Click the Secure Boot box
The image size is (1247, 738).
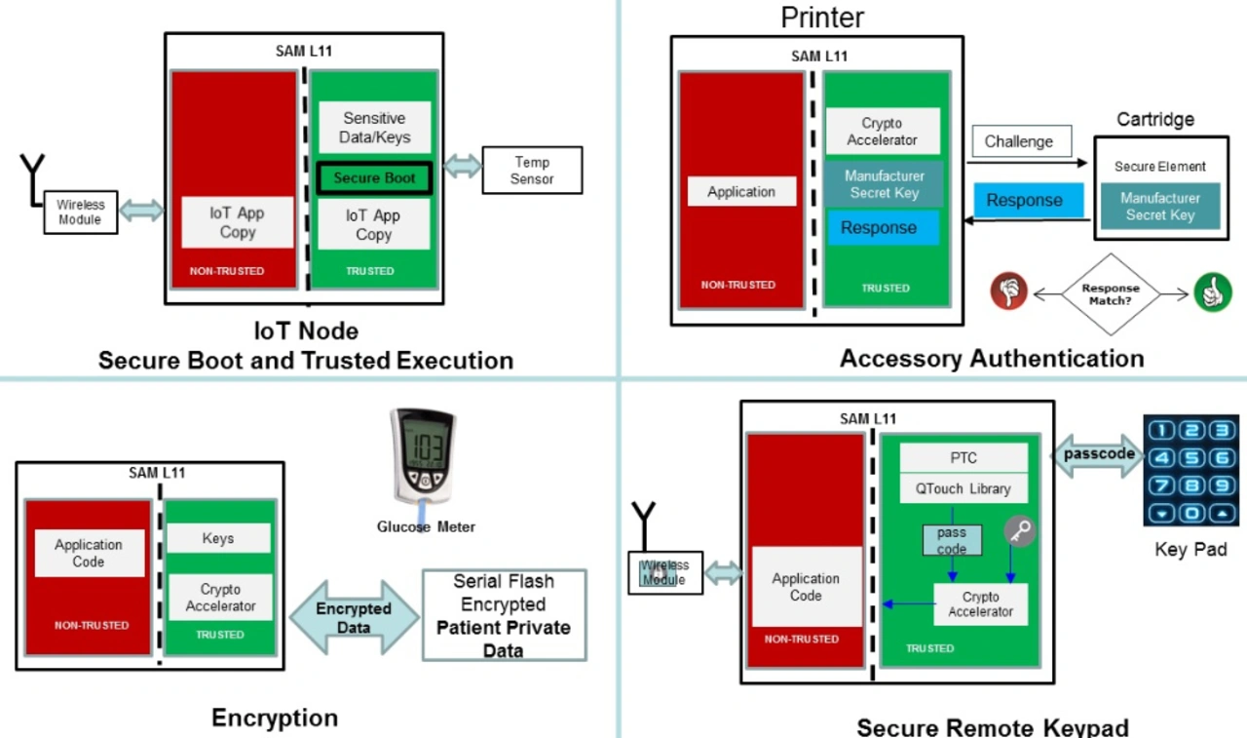[x=374, y=178]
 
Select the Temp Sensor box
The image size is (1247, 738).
[x=532, y=171]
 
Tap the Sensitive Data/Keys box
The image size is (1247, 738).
[x=374, y=128]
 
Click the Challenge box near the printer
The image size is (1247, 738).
[x=1018, y=141]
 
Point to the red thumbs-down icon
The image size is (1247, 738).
[x=1009, y=291]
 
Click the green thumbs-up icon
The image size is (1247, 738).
[x=1212, y=291]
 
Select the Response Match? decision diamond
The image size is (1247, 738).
[x=1111, y=293]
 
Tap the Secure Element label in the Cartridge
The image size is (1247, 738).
[x=1159, y=167]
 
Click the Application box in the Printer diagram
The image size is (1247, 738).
[x=740, y=192]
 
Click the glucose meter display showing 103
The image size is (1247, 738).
[x=425, y=449]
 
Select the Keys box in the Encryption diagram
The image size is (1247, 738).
[x=218, y=538]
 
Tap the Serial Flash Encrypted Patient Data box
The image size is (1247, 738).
[x=504, y=615]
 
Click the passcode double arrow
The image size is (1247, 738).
[x=1098, y=454]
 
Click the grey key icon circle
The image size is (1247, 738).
[x=1019, y=531]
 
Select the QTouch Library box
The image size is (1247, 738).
[x=963, y=488]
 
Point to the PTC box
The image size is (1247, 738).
[x=963, y=458]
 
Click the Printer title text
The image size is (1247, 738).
[x=822, y=17]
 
